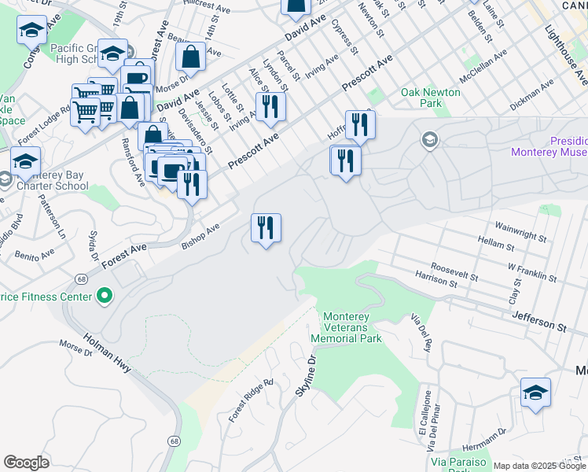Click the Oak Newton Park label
pyautogui.click(x=430, y=98)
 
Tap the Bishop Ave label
pyautogui.click(x=200, y=234)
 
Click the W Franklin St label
pyautogui.click(x=532, y=278)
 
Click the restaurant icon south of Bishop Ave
pyautogui.click(x=266, y=228)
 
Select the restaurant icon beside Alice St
pyautogui.click(x=270, y=106)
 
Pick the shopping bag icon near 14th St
pyautogui.click(x=191, y=57)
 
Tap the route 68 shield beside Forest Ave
pyautogui.click(x=81, y=279)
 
